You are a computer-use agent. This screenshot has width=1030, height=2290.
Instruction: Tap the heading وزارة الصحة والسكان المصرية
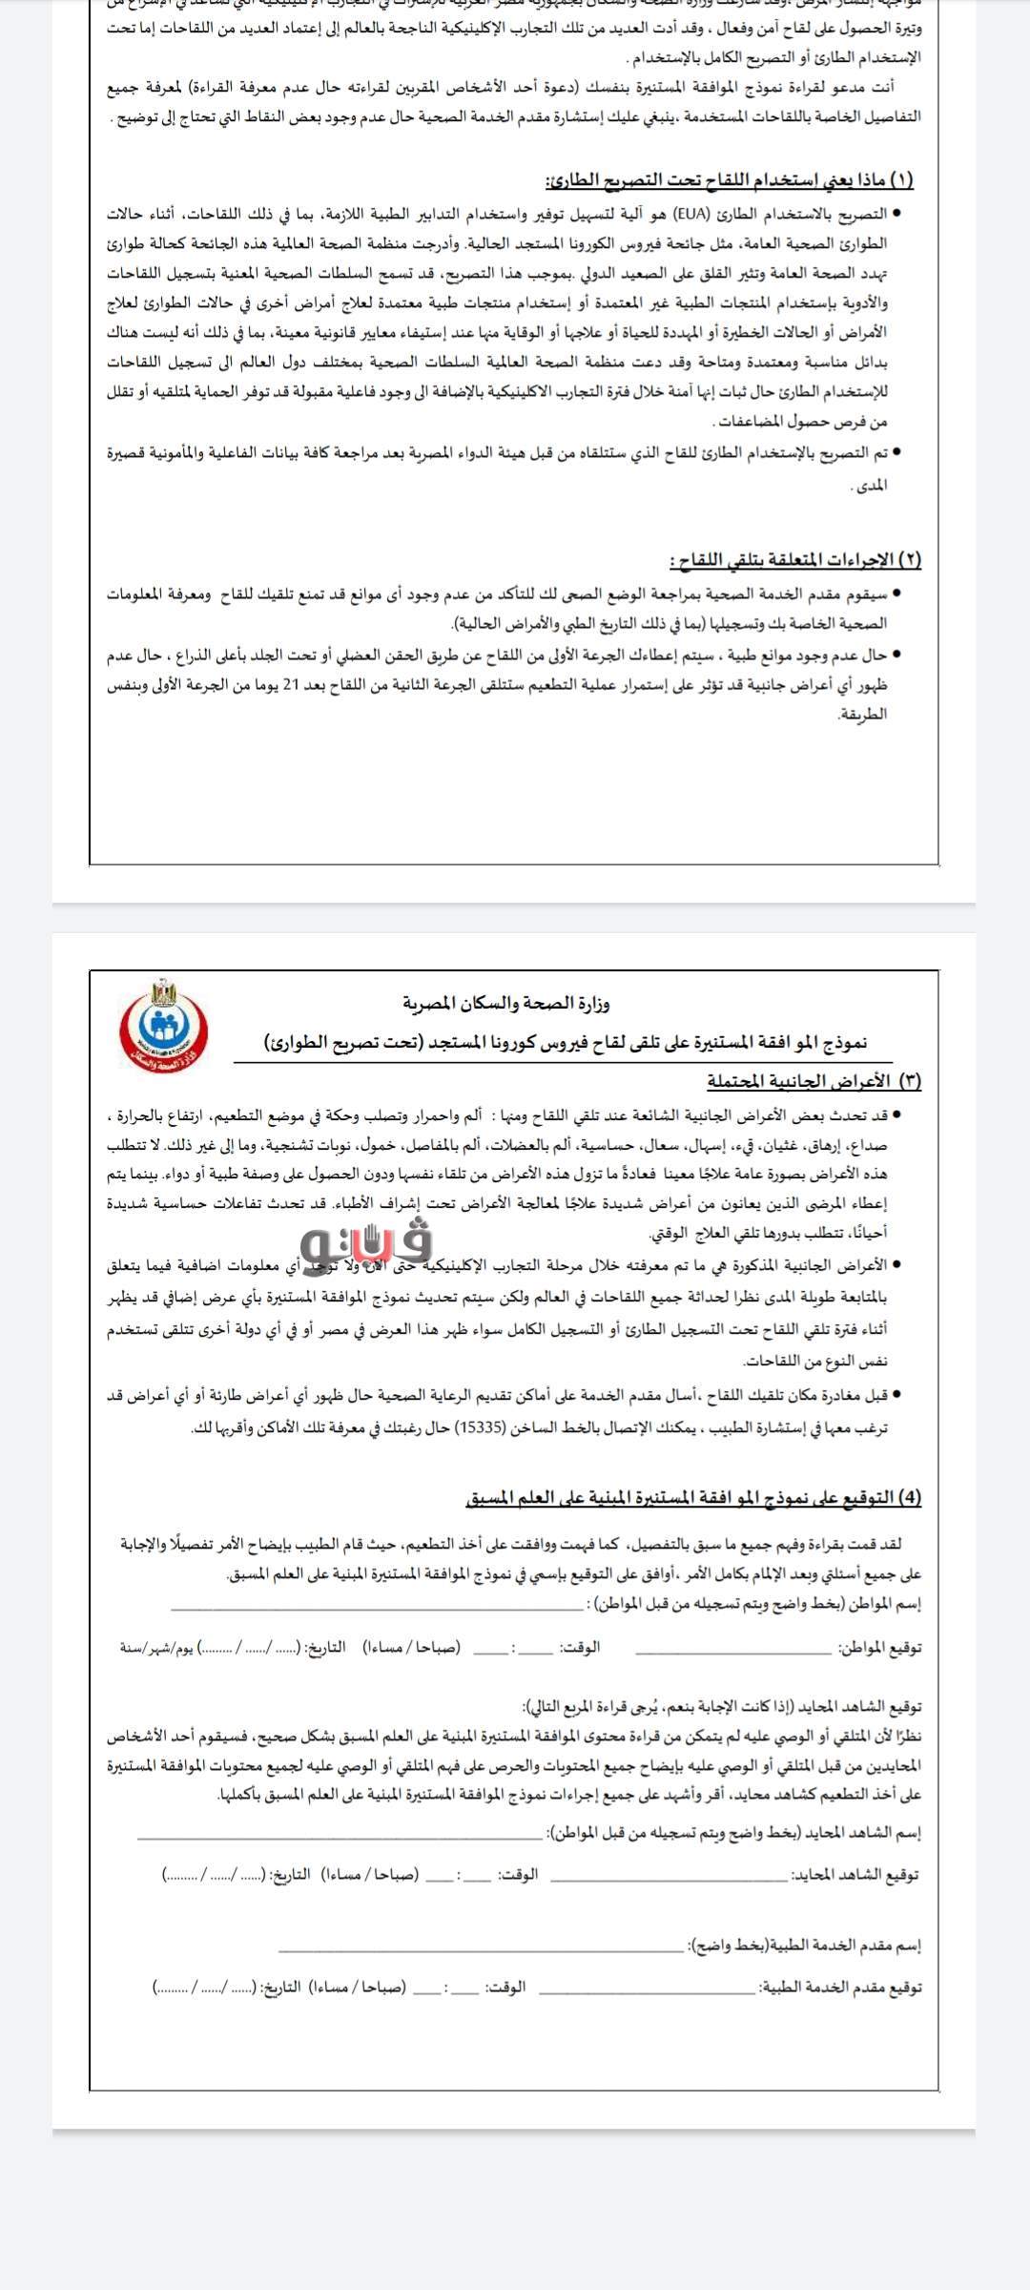coord(505,1003)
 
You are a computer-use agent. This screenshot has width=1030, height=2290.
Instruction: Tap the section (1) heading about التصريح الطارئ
coord(729,179)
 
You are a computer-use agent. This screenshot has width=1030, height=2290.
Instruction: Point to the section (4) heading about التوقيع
coord(693,1497)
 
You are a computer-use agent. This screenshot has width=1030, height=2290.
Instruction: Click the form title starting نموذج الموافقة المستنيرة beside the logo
coord(566,1043)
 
